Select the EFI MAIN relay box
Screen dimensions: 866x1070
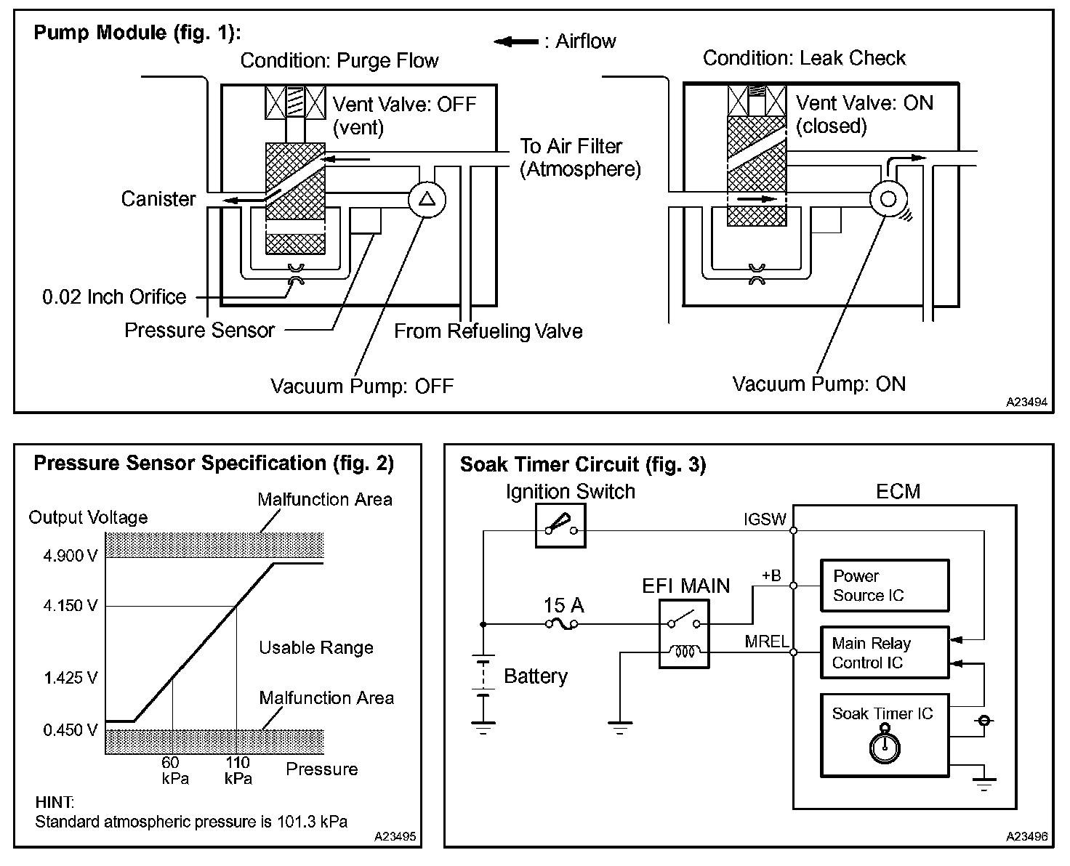point(684,634)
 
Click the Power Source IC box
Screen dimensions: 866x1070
point(885,586)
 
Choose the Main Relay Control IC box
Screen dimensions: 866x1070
point(885,652)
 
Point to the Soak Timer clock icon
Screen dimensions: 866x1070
point(885,747)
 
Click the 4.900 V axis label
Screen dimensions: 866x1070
point(70,557)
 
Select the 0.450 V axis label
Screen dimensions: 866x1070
point(70,730)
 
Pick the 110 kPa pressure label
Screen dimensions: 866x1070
point(238,770)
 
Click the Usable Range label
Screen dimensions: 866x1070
point(316,648)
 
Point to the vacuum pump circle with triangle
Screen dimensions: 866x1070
point(427,200)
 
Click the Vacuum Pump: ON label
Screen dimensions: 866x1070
point(818,384)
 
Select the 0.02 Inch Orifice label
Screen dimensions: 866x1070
point(114,297)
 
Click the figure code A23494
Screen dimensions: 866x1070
point(1027,401)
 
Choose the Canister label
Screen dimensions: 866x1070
point(158,199)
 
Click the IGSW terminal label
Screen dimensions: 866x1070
point(765,519)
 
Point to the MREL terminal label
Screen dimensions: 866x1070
point(767,642)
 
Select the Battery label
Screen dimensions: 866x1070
point(536,676)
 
